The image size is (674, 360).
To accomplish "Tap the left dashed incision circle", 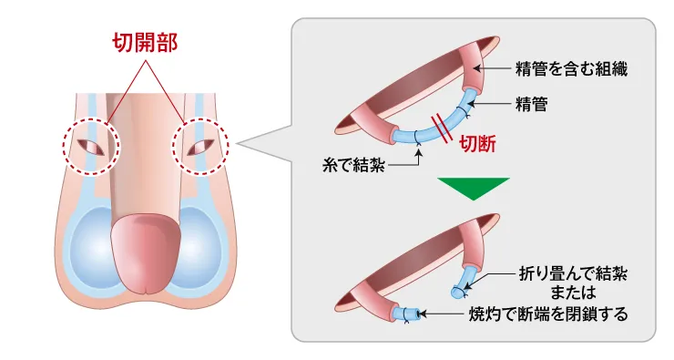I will pyautogui.click(x=89, y=145).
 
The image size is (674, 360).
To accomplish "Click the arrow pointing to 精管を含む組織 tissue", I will pyautogui.click(x=495, y=68).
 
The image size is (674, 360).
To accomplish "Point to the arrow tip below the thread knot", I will pyautogui.click(x=417, y=151).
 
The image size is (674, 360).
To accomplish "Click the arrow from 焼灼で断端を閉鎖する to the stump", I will pyautogui.click(x=446, y=314).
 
